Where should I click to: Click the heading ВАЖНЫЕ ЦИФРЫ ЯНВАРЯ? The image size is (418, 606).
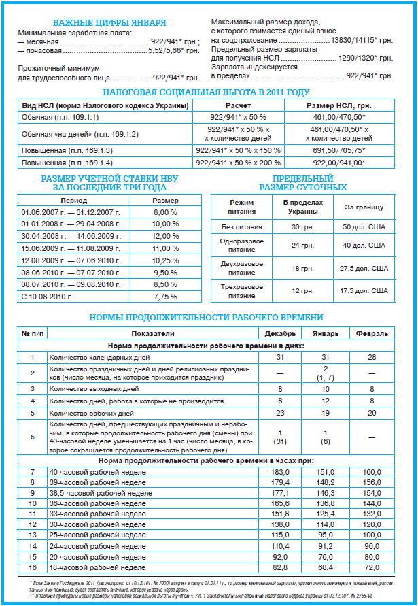click(x=109, y=22)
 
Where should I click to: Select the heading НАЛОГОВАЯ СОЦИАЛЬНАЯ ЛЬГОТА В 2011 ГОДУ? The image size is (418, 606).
click(x=206, y=92)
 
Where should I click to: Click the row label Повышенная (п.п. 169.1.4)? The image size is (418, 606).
click(x=66, y=163)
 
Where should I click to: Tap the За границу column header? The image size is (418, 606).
click(x=364, y=207)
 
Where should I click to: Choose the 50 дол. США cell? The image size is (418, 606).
click(x=365, y=226)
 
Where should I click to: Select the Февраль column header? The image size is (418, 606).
click(x=371, y=334)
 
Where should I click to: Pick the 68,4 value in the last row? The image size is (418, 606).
click(x=324, y=567)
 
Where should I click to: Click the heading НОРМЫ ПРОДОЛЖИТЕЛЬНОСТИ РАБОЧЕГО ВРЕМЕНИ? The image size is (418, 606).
click(x=207, y=318)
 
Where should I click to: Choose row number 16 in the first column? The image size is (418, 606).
click(x=31, y=567)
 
